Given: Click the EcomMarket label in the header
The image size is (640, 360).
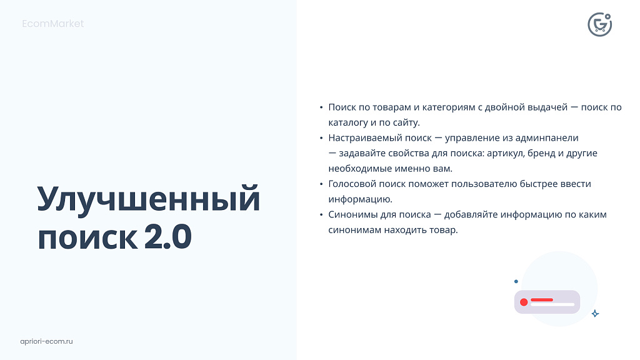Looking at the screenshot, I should pos(52,24).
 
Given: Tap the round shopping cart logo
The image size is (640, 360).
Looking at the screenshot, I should pos(599,24).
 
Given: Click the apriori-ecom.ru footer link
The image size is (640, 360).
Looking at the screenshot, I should pos(47,341).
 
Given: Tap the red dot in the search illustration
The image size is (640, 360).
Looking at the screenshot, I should pos(524,302).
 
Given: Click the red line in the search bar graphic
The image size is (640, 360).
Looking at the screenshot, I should pos(542,300).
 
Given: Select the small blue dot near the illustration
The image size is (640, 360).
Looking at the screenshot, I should pos(516,282).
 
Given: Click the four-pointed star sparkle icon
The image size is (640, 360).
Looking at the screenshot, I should pos(595,314).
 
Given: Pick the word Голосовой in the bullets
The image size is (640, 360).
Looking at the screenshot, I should pos(351,184).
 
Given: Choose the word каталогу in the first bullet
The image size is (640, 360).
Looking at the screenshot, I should pos(349,122).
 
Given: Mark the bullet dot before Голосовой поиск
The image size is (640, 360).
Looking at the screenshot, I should pos(321,184).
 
